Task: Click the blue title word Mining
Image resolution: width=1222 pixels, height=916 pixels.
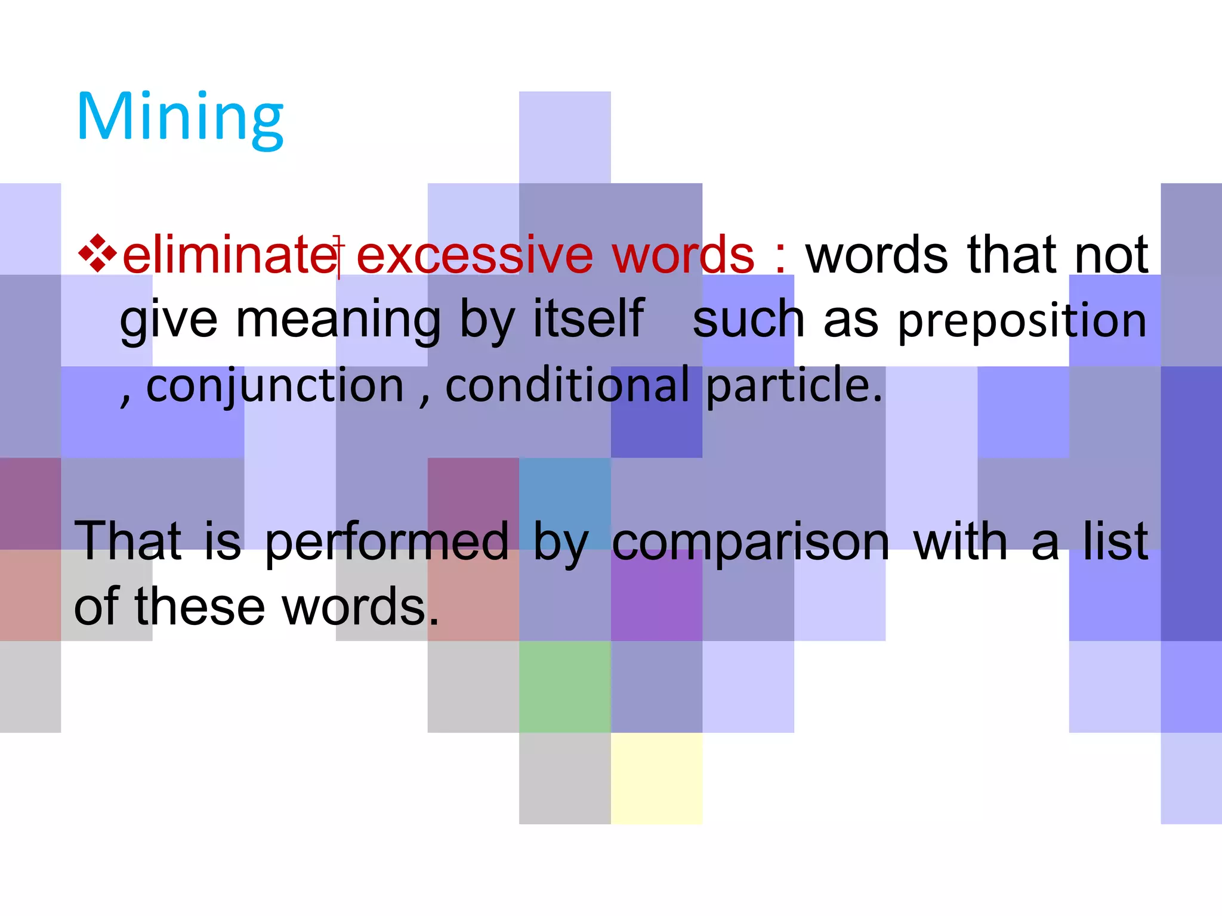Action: pos(180,117)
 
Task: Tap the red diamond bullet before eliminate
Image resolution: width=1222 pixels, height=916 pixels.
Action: pos(97,254)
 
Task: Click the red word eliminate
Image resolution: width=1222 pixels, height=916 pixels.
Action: pos(230,255)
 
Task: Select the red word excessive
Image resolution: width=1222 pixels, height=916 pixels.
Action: pos(474,255)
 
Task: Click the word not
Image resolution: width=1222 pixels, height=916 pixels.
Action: pos(1111,255)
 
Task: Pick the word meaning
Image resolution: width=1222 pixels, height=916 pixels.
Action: pos(338,320)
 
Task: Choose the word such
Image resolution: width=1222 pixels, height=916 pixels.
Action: pos(748,320)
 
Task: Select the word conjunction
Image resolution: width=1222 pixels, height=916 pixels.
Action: pos(275,386)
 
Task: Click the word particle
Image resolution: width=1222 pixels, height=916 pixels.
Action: pos(794,386)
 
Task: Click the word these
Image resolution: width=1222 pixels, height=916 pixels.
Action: pos(200,606)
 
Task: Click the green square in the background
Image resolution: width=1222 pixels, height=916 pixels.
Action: pos(564,686)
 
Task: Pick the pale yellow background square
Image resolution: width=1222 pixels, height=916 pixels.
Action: pos(656,778)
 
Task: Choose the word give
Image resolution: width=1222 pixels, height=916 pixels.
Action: pos(168,320)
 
